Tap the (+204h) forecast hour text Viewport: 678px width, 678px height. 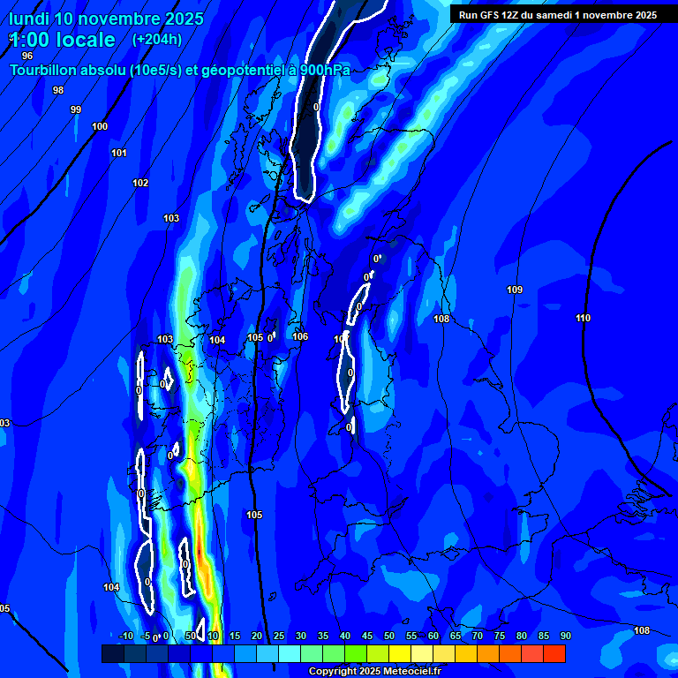click(157, 39)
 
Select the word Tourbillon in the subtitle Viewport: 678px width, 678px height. click(46, 70)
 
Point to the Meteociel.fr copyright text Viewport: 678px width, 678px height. click(374, 672)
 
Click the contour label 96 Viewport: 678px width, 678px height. click(27, 56)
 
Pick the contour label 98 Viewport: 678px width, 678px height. click(58, 90)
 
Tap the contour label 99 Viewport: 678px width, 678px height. click(76, 109)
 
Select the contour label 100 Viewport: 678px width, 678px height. click(100, 126)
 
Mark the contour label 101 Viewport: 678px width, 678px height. click(119, 153)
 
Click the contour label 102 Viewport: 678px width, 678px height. click(140, 183)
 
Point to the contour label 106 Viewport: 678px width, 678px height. click(300, 336)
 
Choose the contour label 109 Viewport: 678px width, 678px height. click(515, 290)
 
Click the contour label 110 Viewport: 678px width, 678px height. click(583, 318)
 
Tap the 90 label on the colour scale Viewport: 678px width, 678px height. click(565, 636)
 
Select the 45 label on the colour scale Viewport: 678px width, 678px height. click(367, 636)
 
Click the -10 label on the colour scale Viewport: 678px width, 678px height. click(125, 636)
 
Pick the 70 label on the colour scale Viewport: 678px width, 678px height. click(478, 636)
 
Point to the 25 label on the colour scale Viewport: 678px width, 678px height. click(279, 636)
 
